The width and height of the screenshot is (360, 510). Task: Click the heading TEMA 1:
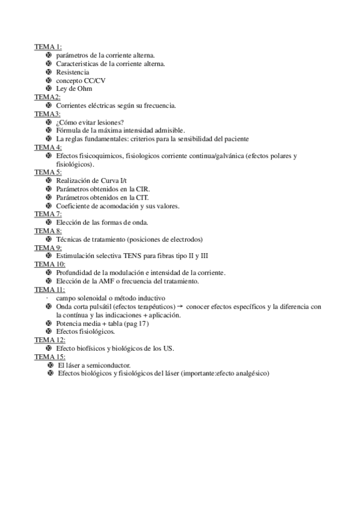(47, 46)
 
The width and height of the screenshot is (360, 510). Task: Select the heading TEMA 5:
(47, 172)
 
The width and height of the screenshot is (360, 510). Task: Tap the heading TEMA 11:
(49, 289)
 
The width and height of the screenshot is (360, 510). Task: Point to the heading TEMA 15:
(49, 357)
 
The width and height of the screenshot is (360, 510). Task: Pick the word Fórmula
(70, 130)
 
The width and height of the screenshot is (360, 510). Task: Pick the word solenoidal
(94, 298)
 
